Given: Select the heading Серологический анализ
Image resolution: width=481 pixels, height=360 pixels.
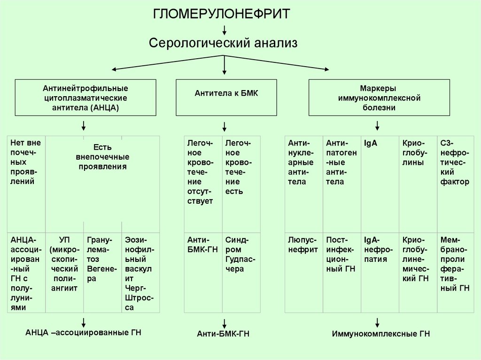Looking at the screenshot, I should tap(224, 44).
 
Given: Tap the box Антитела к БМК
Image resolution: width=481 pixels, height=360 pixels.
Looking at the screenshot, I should tap(226, 98).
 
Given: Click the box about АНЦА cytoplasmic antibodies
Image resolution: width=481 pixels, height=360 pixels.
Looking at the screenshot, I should tap(85, 98).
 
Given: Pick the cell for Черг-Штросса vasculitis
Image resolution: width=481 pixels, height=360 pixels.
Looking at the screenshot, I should tap(140, 272).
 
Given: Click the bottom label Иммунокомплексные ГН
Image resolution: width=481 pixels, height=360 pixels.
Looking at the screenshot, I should tap(381, 334).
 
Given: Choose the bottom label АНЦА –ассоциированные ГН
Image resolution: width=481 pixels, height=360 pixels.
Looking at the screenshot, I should tap(84, 332).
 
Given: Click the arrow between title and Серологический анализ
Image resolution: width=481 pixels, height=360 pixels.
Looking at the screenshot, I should tap(225, 30).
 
